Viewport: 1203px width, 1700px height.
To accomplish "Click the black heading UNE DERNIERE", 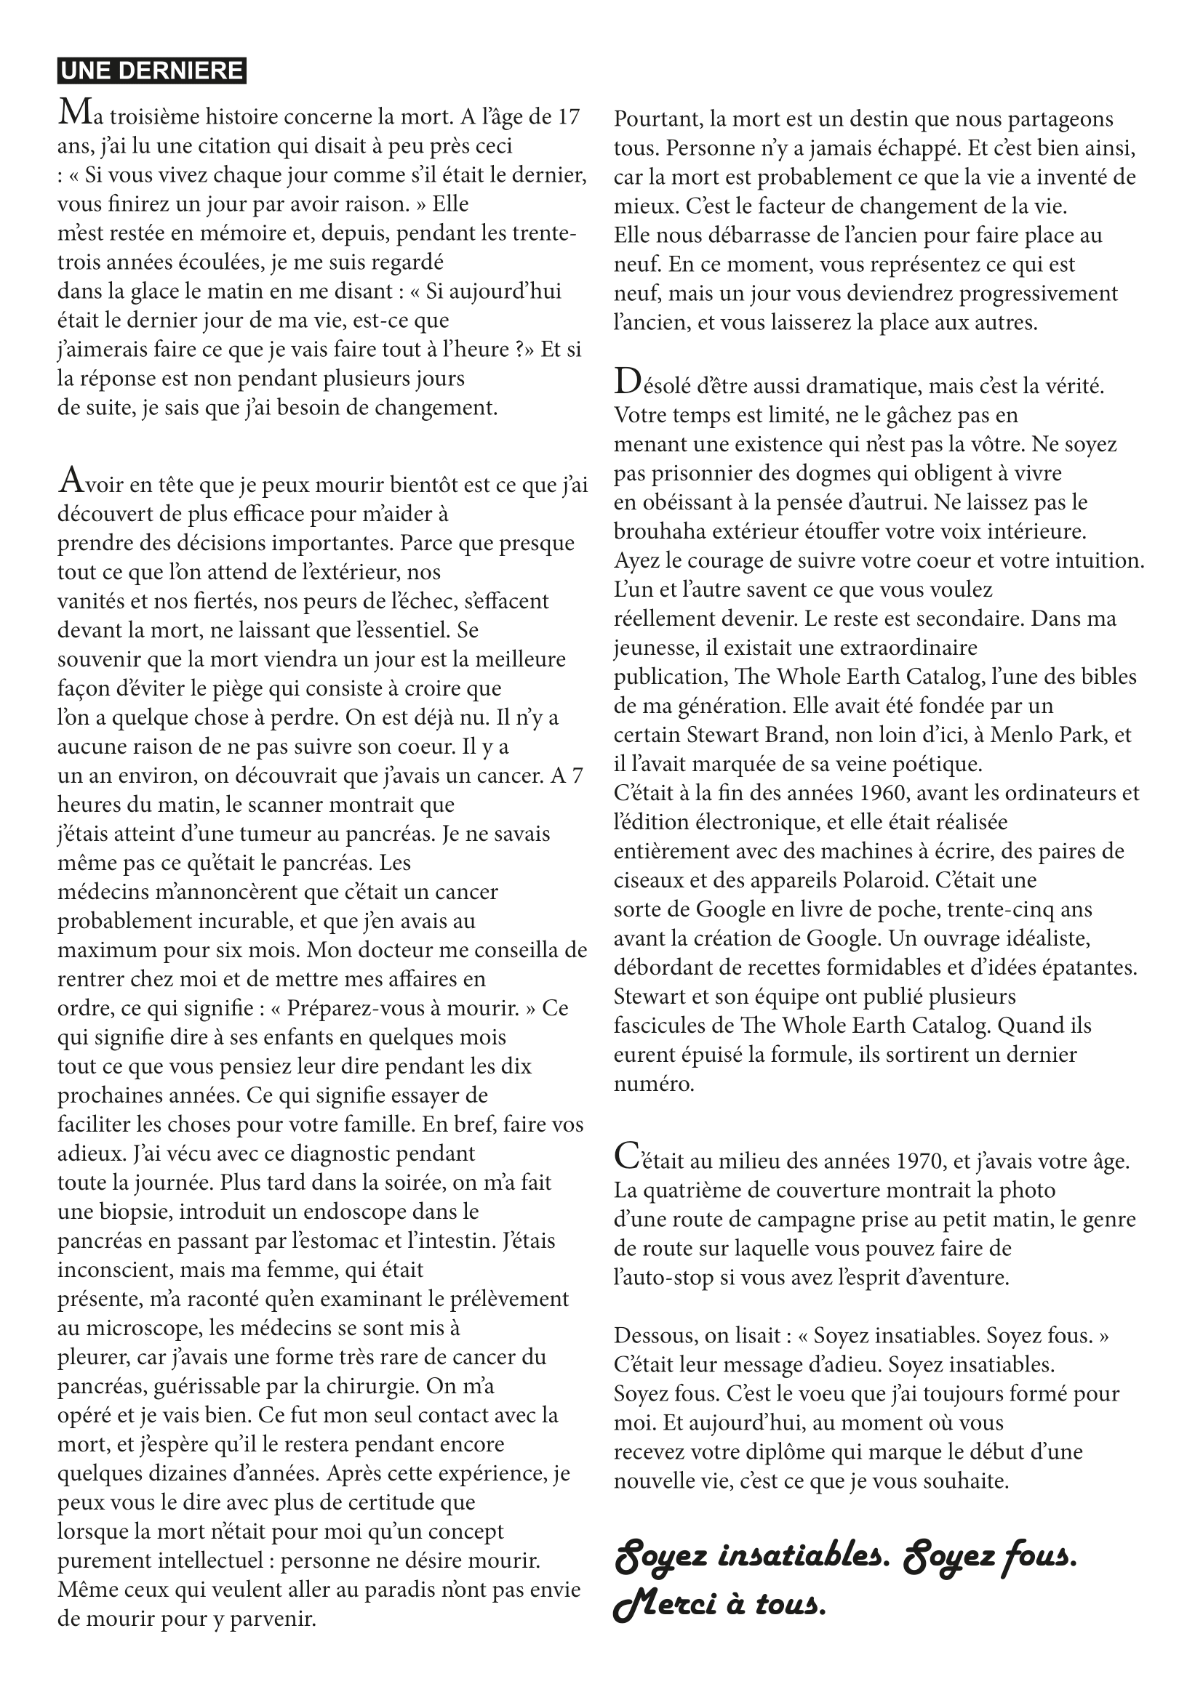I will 152,71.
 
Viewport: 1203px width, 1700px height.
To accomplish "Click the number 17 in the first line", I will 567,117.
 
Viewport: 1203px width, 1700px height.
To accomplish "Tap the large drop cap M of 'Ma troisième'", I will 71,113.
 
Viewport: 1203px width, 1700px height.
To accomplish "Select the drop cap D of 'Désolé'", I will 626,382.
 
